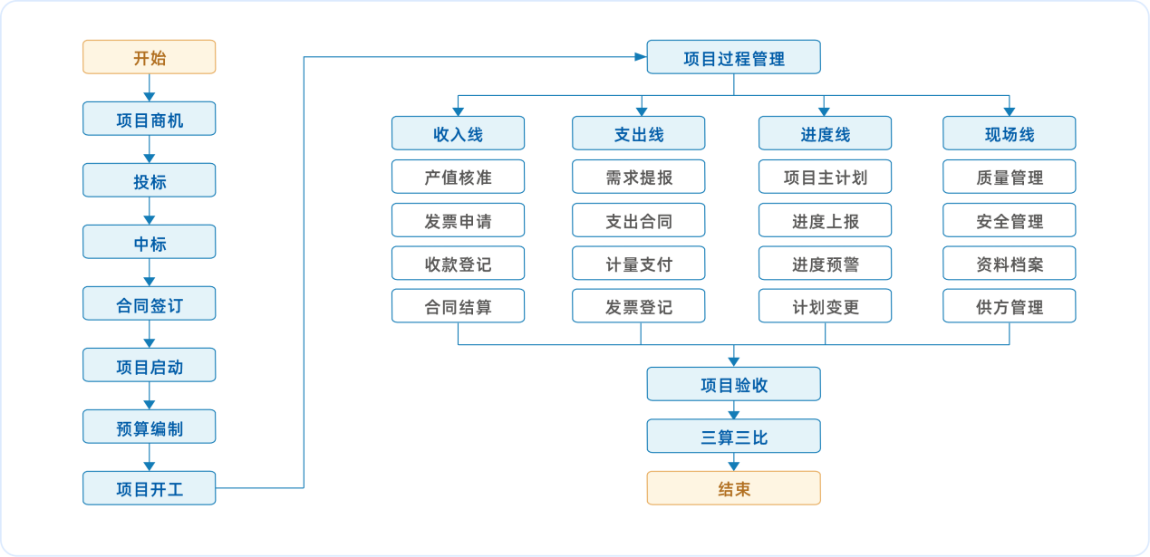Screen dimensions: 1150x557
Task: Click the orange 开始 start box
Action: (x=149, y=57)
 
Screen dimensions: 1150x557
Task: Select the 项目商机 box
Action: (x=149, y=119)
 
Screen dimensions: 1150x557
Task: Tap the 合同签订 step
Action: (x=149, y=303)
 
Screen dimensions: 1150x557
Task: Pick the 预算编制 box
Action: (x=149, y=427)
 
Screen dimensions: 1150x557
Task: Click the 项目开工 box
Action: (x=149, y=488)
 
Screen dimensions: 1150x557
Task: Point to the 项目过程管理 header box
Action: (x=734, y=57)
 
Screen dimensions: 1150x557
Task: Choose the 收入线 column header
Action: (x=458, y=133)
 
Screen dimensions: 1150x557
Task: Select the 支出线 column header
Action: (x=639, y=133)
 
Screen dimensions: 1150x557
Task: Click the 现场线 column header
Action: (x=1010, y=133)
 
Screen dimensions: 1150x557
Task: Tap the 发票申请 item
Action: (x=458, y=220)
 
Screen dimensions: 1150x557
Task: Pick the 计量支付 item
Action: (x=639, y=264)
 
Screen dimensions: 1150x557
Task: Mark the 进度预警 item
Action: (x=825, y=264)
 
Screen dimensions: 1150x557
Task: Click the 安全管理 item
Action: (x=1010, y=220)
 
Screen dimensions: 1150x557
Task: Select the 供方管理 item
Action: (x=1010, y=306)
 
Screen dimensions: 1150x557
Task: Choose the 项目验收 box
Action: (x=734, y=384)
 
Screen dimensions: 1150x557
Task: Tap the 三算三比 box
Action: (x=734, y=436)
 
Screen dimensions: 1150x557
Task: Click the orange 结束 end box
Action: (x=734, y=488)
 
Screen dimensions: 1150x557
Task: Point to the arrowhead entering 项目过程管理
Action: (x=641, y=57)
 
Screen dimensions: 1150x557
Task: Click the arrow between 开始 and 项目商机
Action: (x=149, y=88)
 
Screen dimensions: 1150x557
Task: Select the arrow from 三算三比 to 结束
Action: (x=734, y=462)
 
